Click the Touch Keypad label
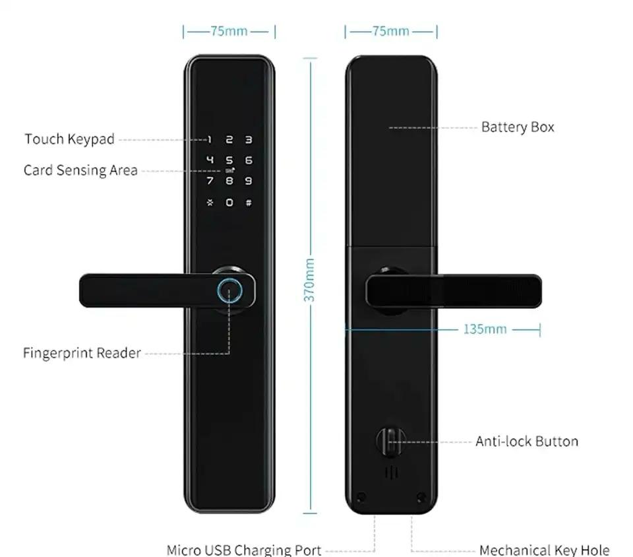point(69,139)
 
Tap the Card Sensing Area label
point(80,170)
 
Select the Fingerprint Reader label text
point(82,353)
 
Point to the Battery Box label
point(518,127)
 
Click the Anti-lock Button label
point(526,442)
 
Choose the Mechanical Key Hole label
point(544,550)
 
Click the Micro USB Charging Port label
point(244,550)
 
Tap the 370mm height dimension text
point(309,280)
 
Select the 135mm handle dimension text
point(485,329)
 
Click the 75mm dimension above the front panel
point(229,31)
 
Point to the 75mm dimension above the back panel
point(390,31)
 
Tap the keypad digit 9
point(249,181)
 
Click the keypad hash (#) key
point(249,203)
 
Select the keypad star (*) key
point(210,203)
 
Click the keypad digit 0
point(229,203)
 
